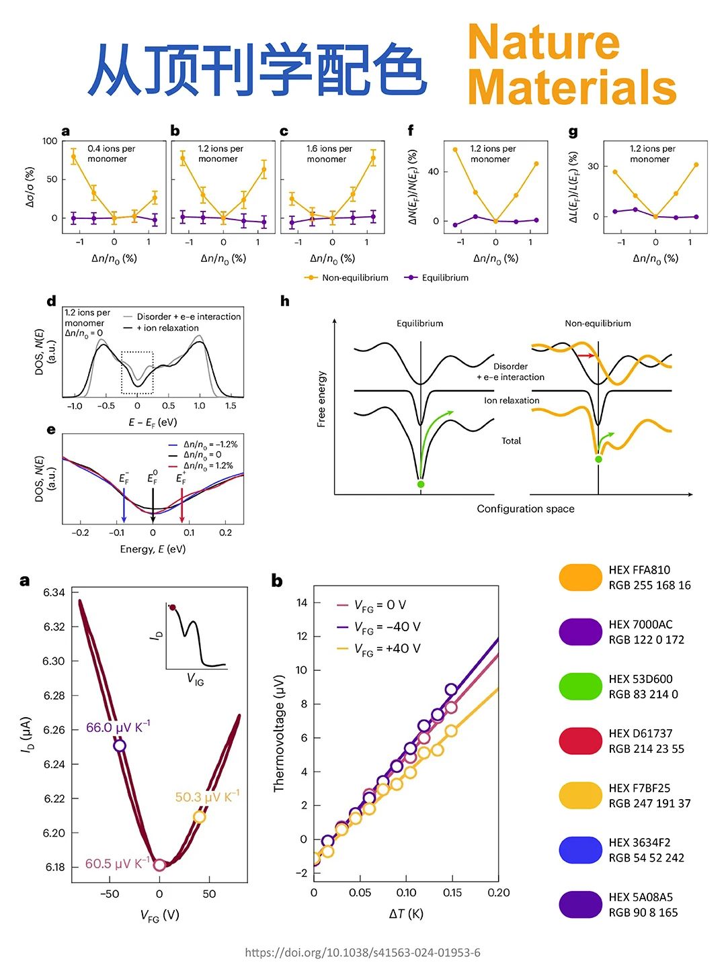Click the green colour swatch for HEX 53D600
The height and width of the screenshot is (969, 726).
pyautogui.click(x=580, y=686)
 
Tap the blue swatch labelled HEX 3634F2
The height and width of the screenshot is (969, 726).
pyautogui.click(x=580, y=849)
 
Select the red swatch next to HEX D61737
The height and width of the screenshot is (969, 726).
pyautogui.click(x=580, y=741)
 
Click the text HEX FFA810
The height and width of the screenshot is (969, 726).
pyautogui.click(x=639, y=570)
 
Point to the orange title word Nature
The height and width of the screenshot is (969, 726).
pyautogui.click(x=543, y=42)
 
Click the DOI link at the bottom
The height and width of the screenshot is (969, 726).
pyautogui.click(x=362, y=952)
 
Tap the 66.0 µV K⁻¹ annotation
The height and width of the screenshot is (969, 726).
pyautogui.click(x=118, y=728)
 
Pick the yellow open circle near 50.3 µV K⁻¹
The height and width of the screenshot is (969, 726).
pyautogui.click(x=199, y=817)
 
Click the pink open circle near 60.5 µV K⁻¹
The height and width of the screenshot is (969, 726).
pyautogui.click(x=159, y=865)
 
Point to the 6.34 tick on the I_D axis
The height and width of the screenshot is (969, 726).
pyautogui.click(x=54, y=592)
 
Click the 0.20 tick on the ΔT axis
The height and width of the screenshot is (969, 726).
pyautogui.click(x=498, y=893)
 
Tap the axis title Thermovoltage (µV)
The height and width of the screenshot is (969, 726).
pyautogui.click(x=279, y=733)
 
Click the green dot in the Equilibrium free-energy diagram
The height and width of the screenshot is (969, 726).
pyautogui.click(x=421, y=484)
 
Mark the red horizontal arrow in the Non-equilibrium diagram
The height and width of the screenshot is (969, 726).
pyautogui.click(x=586, y=355)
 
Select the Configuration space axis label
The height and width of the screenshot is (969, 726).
pyautogui.click(x=526, y=509)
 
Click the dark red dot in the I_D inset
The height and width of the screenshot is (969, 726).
pyautogui.click(x=173, y=608)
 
